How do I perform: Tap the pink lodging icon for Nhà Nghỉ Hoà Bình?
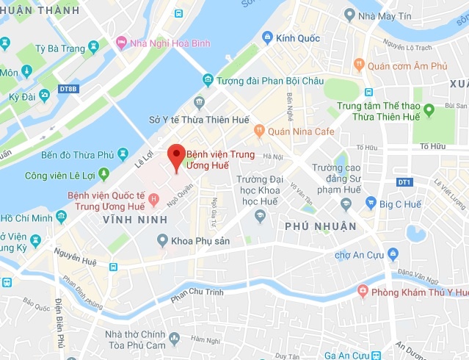(x=121, y=43)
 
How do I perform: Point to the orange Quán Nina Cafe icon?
(x=259, y=132)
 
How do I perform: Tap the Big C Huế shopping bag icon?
(x=371, y=203)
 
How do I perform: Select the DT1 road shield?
(x=404, y=181)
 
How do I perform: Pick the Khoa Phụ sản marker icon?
(x=162, y=240)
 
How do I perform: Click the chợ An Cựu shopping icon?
(x=393, y=255)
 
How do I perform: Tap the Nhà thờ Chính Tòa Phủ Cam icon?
(x=174, y=339)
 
